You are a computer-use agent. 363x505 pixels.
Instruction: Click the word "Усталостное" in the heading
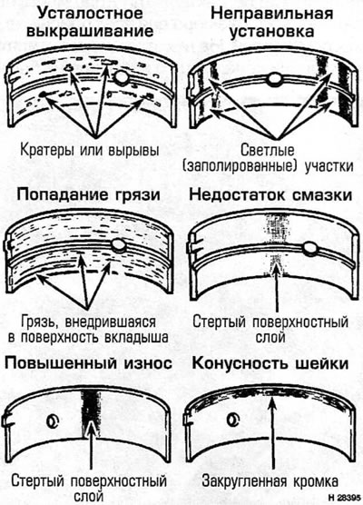pyautogui.click(x=90, y=14)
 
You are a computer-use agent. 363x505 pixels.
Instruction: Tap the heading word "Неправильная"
pyautogui.click(x=272, y=15)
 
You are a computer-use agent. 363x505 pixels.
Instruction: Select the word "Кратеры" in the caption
pyautogui.click(x=48, y=150)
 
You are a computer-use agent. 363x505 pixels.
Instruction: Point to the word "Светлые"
pyautogui.click(x=268, y=150)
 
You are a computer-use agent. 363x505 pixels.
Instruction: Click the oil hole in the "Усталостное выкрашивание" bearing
pyautogui.click(x=122, y=77)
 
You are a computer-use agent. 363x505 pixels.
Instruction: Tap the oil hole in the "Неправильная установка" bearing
pyautogui.click(x=274, y=80)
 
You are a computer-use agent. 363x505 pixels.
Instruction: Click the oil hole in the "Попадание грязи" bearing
pyautogui.click(x=118, y=245)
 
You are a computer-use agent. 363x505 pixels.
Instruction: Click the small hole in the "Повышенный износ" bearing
pyautogui.click(x=53, y=421)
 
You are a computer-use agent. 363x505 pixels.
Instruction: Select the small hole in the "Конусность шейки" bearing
pyautogui.click(x=233, y=419)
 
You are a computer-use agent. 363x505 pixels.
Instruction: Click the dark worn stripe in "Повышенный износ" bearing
pyautogui.click(x=91, y=413)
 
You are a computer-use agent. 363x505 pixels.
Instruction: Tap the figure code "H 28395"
pyautogui.click(x=344, y=497)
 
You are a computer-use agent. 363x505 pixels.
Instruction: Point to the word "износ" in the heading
pyautogui.click(x=148, y=363)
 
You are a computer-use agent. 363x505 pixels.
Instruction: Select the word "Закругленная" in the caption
pyautogui.click(x=244, y=481)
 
